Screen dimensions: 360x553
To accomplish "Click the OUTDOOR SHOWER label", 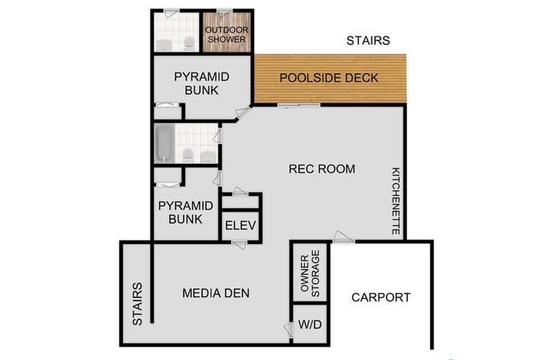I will pyautogui.click(x=227, y=35).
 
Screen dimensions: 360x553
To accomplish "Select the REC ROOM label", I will pyautogui.click(x=322, y=169).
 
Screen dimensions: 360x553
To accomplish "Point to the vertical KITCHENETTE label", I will pyautogui.click(x=396, y=201).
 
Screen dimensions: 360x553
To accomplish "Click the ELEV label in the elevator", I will pyautogui.click(x=240, y=226).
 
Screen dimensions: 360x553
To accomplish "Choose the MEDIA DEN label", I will pyautogui.click(x=216, y=293).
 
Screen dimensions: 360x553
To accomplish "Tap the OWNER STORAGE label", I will pyautogui.click(x=310, y=272).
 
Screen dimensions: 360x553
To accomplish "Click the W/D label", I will pyautogui.click(x=310, y=324).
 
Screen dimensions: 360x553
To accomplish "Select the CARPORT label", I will pyautogui.click(x=381, y=297).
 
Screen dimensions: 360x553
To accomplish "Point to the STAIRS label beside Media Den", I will pyautogui.click(x=137, y=304).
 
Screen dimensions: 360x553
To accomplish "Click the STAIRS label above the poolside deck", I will pyautogui.click(x=368, y=40).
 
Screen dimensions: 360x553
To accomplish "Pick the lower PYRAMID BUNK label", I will pyautogui.click(x=180, y=212).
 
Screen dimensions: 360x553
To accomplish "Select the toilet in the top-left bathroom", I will pyautogui.click(x=188, y=42).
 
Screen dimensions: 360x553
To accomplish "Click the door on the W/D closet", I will pyautogui.click(x=289, y=329).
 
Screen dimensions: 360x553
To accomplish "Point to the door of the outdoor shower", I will pyautogui.click(x=223, y=11).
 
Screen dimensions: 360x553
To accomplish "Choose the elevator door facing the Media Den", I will pyautogui.click(x=240, y=243).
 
